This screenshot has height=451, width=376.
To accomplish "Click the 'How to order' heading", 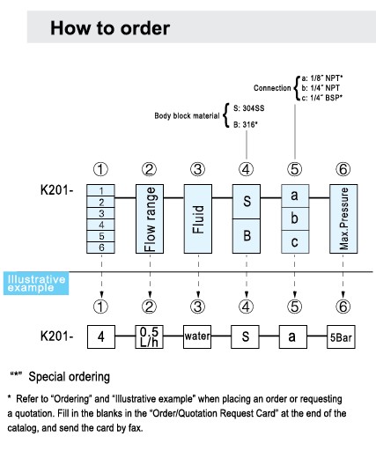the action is coord(110,28).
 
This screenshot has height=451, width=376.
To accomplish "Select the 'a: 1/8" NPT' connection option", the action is coord(322,78).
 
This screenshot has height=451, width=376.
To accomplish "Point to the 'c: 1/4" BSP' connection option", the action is coord(322,98).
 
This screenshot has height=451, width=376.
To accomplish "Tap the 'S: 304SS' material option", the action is coord(248,108).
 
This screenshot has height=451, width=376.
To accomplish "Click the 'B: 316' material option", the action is coord(246,125).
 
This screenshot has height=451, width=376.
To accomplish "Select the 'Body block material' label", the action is coord(187,116).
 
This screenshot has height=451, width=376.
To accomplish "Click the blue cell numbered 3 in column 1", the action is coord(100,213).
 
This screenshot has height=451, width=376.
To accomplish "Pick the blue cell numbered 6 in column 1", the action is coord(100,248).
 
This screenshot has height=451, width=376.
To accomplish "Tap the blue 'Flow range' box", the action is coord(150,218).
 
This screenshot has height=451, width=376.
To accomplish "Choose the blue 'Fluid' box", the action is coord(198,218).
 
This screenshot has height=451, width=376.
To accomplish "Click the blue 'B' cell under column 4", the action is coord(247,236).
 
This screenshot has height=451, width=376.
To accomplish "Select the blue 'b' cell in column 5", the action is coord(295,218).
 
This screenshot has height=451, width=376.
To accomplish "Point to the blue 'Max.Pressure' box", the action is coord(343,218).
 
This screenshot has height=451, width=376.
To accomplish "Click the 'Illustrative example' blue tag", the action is coord(36,284).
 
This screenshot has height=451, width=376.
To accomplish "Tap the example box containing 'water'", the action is coord(197,336).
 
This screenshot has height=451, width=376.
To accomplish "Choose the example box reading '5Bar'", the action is coord(341,336).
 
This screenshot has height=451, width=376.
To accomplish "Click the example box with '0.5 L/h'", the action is coord(149,336).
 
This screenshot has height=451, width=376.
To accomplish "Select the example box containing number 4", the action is coord(101,336).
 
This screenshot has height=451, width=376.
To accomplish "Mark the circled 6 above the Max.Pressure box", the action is coord(343,169).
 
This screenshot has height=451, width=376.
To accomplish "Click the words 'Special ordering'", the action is coord(70,377).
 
